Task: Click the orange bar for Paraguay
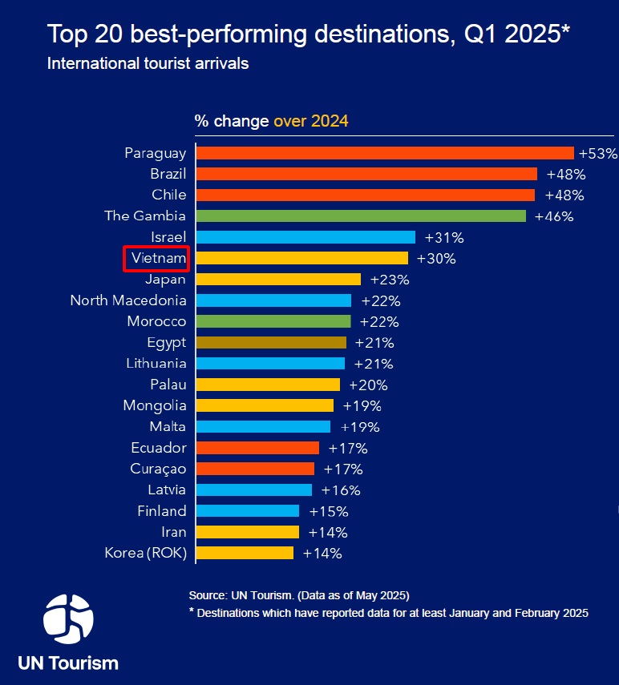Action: (385, 153)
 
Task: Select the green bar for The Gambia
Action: (361, 216)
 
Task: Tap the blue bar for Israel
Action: (305, 237)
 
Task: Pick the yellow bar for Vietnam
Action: (302, 258)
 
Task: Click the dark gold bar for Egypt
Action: (271, 342)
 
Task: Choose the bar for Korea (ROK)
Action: (245, 553)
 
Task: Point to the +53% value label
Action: (598, 153)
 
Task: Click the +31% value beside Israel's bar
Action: (444, 237)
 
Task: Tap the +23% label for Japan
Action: (390, 280)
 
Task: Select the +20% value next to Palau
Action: (369, 385)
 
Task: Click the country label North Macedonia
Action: (128, 300)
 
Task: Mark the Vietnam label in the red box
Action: (158, 258)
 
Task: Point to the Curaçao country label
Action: (158, 469)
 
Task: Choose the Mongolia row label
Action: (155, 405)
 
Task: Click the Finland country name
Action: (162, 510)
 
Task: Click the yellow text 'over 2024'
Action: (311, 121)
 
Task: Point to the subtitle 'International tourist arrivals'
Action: (148, 63)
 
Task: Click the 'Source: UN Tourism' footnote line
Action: (299, 595)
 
